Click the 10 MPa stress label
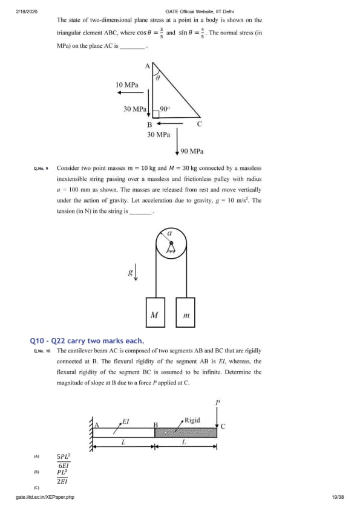tap(127, 85)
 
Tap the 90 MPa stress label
tap(192, 151)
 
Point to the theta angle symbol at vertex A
tap(158, 78)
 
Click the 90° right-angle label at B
tap(165, 109)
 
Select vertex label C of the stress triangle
tap(200, 124)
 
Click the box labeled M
tap(155, 313)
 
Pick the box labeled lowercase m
tap(186, 313)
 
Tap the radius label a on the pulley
tap(169, 233)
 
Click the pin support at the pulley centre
tap(171, 247)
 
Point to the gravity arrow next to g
tap(136, 273)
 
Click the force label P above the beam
tap(218, 403)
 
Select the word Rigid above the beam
tap(192, 420)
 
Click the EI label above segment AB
tap(126, 422)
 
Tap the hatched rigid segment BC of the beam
tap(186, 433)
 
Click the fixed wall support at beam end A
tap(91, 434)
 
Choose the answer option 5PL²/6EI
tap(64, 461)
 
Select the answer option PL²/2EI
tap(62, 476)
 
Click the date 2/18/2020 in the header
tap(27, 11)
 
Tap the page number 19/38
tap(338, 497)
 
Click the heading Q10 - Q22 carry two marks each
tap(87, 341)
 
